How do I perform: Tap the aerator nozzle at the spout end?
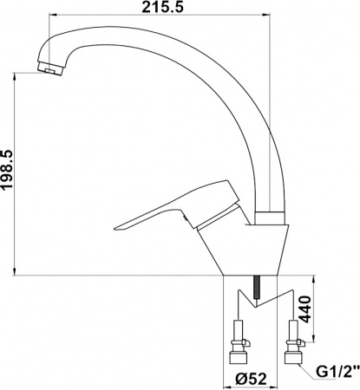[x=51, y=68]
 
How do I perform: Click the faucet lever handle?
[x=173, y=208]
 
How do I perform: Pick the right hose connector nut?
[x=292, y=354]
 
